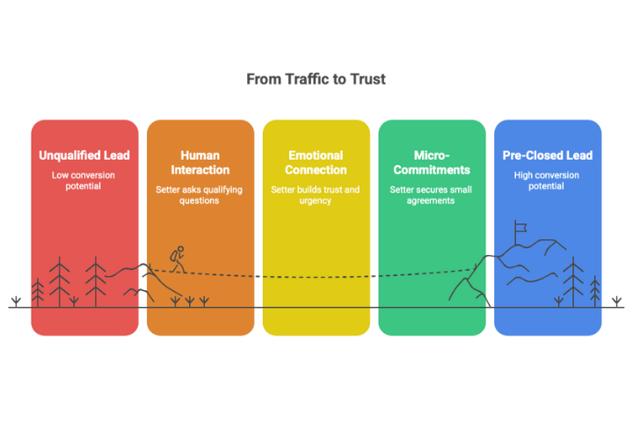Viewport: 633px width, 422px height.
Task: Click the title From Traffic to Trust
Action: click(316, 79)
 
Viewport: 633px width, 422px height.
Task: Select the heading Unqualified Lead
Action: click(84, 156)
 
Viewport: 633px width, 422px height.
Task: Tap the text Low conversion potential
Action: click(84, 181)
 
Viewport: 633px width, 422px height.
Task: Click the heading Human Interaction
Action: click(200, 163)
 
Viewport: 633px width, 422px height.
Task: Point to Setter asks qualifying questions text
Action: click(200, 195)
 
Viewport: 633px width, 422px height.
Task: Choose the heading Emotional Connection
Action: click(316, 163)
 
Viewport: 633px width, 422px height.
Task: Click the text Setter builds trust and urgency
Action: click(316, 195)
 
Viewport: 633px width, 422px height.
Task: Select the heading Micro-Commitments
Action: click(432, 163)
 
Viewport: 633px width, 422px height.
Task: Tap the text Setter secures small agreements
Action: click(432, 195)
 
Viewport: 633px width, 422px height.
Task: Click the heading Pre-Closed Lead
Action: click(548, 156)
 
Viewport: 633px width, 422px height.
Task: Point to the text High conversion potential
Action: click(548, 181)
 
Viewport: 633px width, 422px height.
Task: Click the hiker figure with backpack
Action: click(178, 258)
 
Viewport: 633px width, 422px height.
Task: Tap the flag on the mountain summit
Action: click(520, 228)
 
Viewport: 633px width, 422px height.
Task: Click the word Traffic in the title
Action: click(302, 79)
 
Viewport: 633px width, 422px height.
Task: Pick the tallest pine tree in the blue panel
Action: click(574, 280)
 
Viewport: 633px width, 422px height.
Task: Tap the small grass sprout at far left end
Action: click(16, 302)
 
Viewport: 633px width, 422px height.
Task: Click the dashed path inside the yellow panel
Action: click(316, 278)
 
